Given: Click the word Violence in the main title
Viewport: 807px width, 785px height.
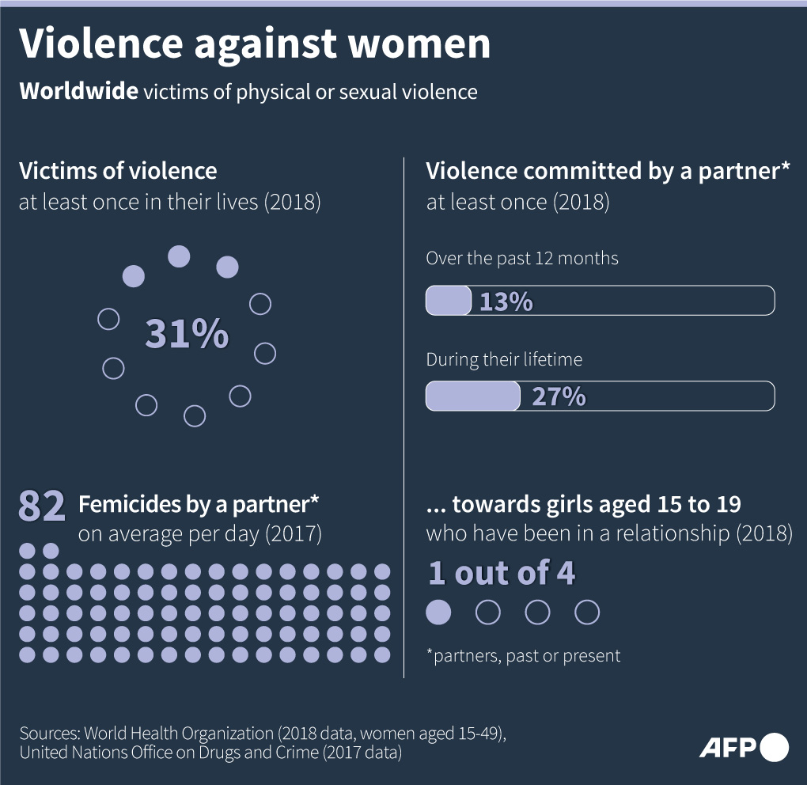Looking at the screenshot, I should (100, 44).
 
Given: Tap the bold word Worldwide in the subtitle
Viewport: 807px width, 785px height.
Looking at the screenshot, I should (78, 92).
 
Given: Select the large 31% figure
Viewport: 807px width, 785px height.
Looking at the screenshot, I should (187, 335).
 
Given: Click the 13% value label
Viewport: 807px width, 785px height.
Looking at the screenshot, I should (506, 301).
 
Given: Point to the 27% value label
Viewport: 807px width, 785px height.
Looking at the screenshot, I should (559, 396).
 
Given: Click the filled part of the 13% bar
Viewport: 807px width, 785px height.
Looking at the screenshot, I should (449, 301).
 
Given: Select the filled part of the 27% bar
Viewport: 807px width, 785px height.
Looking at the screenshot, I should (472, 396).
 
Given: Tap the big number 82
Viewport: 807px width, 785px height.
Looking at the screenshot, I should (41, 507).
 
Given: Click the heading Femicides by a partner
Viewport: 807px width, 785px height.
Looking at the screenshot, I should (199, 504).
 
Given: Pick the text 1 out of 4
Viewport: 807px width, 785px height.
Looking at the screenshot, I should (502, 573).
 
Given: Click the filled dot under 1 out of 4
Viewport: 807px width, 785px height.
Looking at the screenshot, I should (439, 612).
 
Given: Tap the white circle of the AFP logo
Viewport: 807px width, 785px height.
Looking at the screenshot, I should (774, 747).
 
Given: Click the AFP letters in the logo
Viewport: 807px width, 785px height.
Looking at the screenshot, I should (727, 747).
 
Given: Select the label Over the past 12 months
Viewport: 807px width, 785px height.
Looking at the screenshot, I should (522, 258).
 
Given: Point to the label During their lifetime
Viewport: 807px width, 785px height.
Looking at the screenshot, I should (504, 359).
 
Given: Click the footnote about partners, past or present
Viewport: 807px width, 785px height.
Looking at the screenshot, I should (523, 655).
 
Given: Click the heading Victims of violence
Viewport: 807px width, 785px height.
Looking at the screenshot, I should (118, 171).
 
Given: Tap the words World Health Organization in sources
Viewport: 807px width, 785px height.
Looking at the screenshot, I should (178, 732).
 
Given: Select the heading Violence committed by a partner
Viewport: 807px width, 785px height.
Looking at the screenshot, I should (608, 171).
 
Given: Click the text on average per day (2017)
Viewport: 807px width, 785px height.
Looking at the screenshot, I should (199, 534).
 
